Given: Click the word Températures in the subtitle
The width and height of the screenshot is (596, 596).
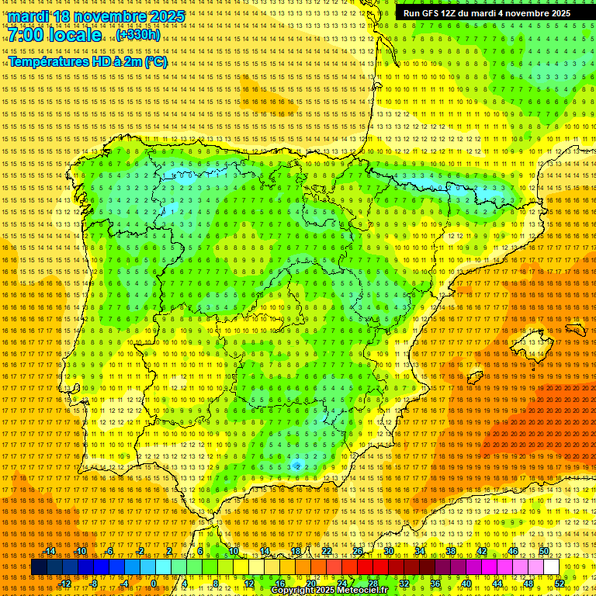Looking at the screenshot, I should [x=48, y=62].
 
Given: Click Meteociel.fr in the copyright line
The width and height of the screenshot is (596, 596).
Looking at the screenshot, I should [x=360, y=591].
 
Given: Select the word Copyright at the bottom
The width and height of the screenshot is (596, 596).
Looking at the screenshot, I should [x=293, y=591].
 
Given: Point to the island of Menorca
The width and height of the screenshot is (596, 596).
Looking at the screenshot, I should [x=575, y=329].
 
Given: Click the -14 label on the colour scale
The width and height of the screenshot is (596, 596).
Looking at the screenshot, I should [x=50, y=551].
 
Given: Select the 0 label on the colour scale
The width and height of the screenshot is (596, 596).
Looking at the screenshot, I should [x=154, y=584].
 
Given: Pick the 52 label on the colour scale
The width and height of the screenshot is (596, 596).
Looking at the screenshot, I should [x=560, y=584].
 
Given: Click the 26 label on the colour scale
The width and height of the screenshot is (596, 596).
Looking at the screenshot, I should [x=358, y=551].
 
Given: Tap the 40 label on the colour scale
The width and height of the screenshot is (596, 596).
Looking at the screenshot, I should [x=466, y=584].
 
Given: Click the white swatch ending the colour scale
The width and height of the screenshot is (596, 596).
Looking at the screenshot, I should [x=551, y=567].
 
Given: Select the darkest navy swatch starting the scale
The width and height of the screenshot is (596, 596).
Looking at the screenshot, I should [x=38, y=567].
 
